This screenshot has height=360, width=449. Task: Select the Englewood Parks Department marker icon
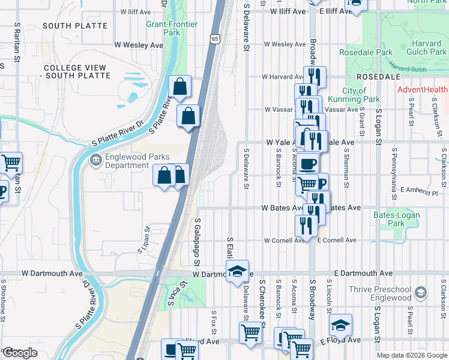95,160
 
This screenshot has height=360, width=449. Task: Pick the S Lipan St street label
144,239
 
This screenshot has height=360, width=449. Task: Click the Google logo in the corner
20,353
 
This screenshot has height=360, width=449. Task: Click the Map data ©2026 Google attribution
412,355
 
